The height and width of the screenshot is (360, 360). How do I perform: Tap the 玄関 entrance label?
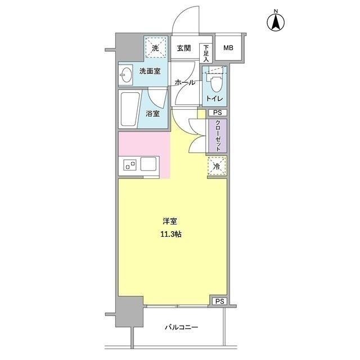click(184, 48)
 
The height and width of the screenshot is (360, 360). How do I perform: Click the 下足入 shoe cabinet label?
click(206, 52)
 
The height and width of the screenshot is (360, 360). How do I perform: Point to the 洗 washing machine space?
click(156, 47)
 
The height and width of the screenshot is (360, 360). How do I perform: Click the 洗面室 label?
click(150, 72)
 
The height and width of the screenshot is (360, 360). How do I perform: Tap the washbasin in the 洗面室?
click(126, 73)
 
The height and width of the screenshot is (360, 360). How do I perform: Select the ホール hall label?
click(185, 83)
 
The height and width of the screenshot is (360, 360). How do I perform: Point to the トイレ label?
click(214, 99)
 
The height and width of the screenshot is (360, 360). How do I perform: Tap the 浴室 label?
click(152, 113)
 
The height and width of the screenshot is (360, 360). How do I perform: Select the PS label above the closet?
click(218, 113)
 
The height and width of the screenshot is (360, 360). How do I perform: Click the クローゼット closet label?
click(218, 136)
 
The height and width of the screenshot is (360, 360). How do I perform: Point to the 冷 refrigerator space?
click(217, 165)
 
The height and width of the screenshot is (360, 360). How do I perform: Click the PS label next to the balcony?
click(219, 302)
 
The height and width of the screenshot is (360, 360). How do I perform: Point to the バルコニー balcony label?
click(181, 327)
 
